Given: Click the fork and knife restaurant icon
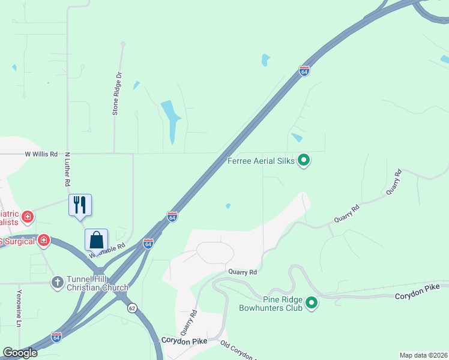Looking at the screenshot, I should click(x=80, y=205).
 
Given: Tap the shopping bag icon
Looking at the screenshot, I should click(x=96, y=239).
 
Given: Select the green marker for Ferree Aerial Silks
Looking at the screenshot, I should click(x=304, y=160).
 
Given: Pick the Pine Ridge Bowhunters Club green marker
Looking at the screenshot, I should click(x=311, y=304).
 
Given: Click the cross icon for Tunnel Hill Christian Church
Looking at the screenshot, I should click(x=58, y=281).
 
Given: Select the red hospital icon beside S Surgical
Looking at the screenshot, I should click(x=43, y=241).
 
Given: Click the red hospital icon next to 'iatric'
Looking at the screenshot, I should click(x=27, y=216).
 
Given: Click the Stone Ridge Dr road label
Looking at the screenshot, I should click(x=117, y=94).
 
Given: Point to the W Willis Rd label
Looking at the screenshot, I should click(x=41, y=154).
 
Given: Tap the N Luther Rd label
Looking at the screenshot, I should click(x=68, y=169).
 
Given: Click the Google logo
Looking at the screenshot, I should click(x=20, y=353).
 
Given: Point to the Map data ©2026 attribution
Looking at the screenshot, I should click(x=423, y=355).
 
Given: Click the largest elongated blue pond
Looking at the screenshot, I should click(x=170, y=119).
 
